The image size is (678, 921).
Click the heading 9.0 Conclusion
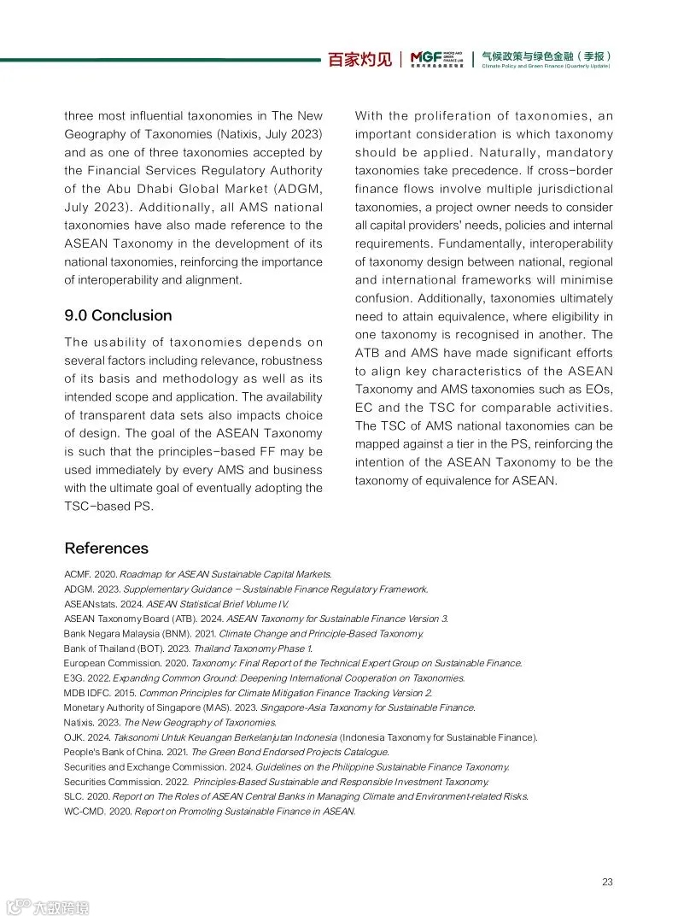click(118, 315)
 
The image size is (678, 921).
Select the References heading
click(106, 548)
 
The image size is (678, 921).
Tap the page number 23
click(607, 882)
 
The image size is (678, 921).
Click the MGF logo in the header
click(436, 58)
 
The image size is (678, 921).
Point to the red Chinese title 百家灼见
click(360, 59)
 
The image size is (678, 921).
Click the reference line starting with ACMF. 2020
click(197, 573)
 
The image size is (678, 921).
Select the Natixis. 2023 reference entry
click(170, 722)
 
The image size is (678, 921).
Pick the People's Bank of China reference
click(226, 752)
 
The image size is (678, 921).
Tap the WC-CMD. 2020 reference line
click(209, 811)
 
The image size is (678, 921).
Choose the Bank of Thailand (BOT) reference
click(188, 648)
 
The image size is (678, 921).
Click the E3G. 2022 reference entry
click(264, 678)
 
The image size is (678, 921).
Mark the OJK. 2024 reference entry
click(301, 736)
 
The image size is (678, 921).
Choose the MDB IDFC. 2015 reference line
click(248, 692)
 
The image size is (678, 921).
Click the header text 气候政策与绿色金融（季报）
click(546, 56)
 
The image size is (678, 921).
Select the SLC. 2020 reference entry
click(295, 796)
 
